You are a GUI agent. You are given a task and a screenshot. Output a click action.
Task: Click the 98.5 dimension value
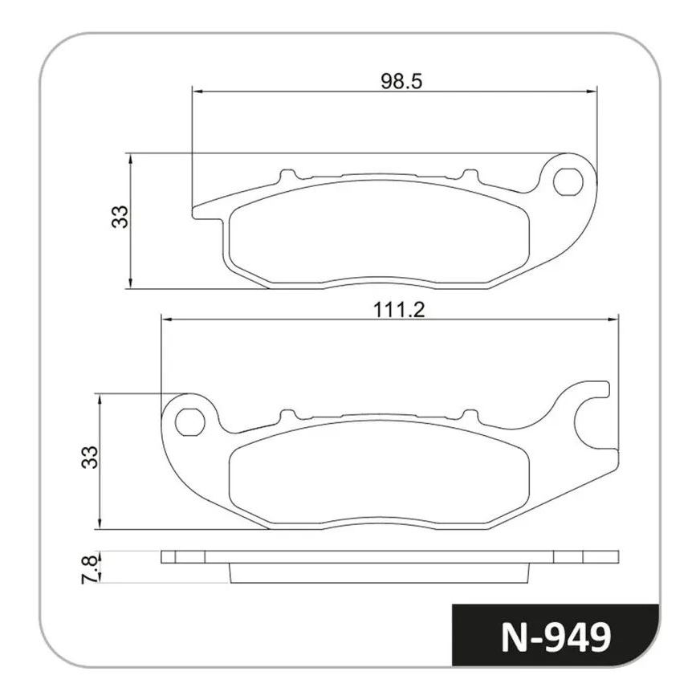pyautogui.click(x=401, y=81)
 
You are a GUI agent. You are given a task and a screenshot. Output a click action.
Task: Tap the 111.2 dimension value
pyautogui.click(x=399, y=310)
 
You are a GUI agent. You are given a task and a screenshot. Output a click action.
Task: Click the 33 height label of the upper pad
pyautogui.click(x=120, y=217)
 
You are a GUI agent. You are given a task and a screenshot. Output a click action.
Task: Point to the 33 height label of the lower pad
pyautogui.click(x=89, y=457)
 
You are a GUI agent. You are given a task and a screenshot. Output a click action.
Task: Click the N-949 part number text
pyautogui.click(x=556, y=638)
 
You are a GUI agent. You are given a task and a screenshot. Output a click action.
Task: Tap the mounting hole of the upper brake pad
pyautogui.click(x=568, y=181)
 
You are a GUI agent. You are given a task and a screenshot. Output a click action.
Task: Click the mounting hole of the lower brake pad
pyautogui.click(x=190, y=422)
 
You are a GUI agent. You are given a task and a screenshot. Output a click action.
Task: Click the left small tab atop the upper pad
pyautogui.click(x=288, y=176)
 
